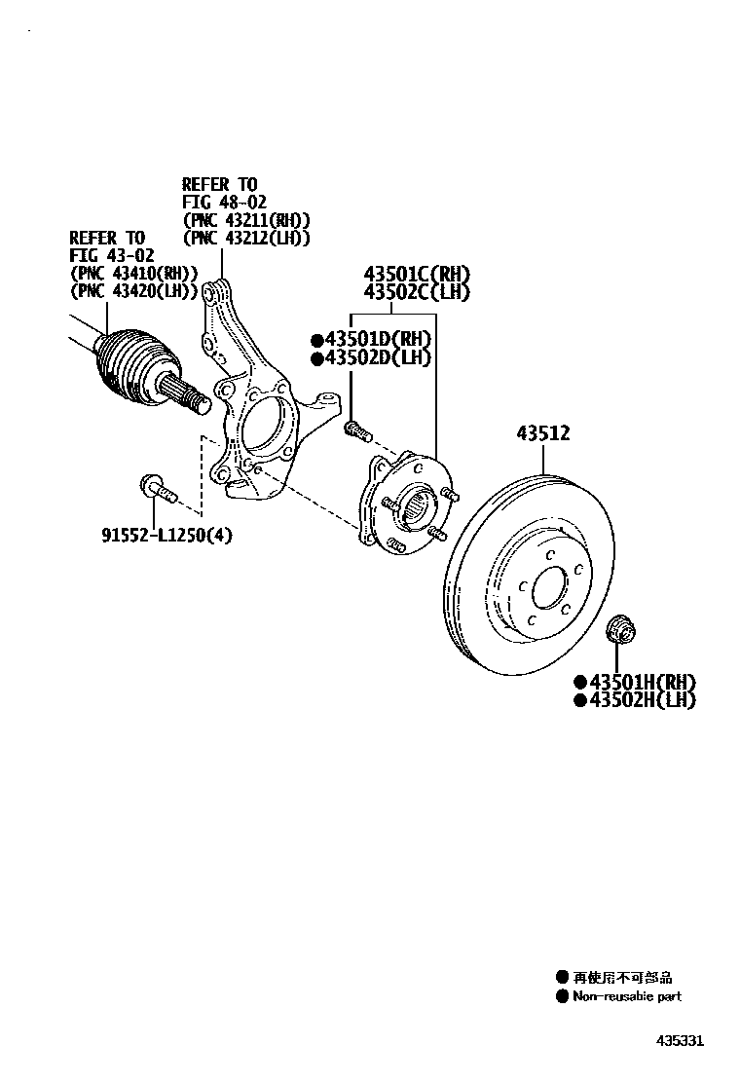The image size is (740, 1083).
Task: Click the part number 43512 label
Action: (x=542, y=433)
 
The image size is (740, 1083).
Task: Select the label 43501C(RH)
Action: (x=417, y=274)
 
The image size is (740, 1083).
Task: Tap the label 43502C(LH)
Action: (x=417, y=292)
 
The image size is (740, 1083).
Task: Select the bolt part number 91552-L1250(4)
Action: (x=166, y=535)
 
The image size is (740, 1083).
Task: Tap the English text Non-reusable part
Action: (x=626, y=996)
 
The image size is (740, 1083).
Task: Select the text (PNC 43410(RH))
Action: (x=133, y=272)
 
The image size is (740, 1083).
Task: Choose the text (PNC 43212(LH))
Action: (x=246, y=237)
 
